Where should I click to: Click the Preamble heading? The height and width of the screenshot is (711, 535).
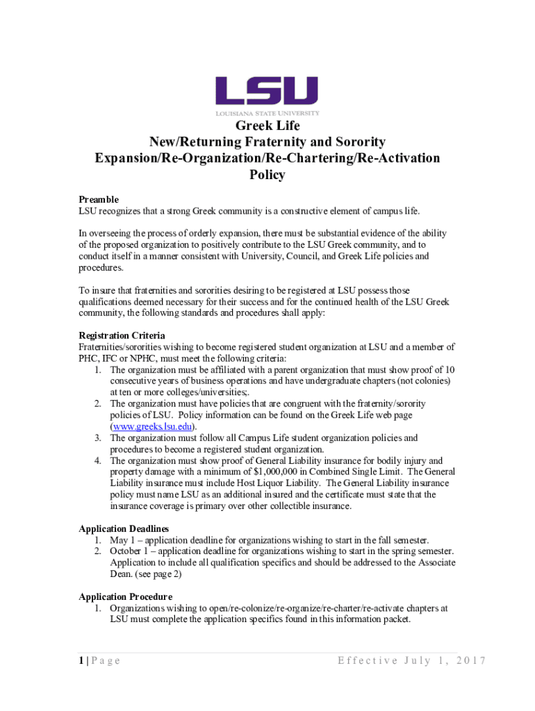[x=99, y=199]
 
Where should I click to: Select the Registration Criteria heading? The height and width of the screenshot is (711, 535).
[x=122, y=335]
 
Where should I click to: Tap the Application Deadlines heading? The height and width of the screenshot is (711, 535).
[x=124, y=528]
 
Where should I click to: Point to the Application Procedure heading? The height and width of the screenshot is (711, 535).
[x=125, y=596]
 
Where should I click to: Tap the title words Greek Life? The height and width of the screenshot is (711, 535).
[x=267, y=126]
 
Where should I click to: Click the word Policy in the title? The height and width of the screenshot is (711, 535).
[x=267, y=175]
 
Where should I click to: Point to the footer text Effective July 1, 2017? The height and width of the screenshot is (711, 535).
[x=411, y=660]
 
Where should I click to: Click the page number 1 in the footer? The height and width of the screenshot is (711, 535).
[x=81, y=660]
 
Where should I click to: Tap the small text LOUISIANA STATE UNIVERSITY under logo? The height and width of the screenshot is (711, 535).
[x=267, y=113]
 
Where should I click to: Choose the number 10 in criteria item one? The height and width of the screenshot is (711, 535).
[x=450, y=369]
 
